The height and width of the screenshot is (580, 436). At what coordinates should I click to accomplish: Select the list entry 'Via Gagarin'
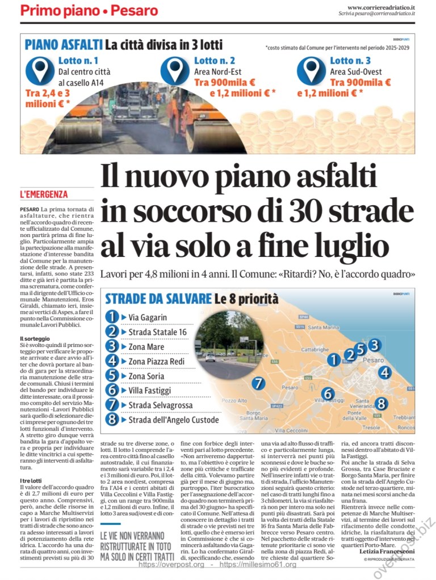pyautogui.click(x=148, y=317)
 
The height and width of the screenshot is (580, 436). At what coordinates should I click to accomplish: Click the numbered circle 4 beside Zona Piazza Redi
pyautogui.click(x=113, y=361)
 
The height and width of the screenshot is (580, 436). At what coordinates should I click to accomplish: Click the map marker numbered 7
pyautogui.click(x=258, y=383)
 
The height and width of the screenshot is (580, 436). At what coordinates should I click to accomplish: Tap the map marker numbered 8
pyautogui.click(x=381, y=404)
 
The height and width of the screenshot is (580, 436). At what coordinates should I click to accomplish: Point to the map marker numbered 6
pyautogui.click(x=328, y=393)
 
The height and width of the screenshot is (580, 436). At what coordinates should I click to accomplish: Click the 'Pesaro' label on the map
pyautogui.click(x=372, y=359)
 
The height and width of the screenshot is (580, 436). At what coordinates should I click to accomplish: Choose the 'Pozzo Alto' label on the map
pyautogui.click(x=234, y=400)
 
